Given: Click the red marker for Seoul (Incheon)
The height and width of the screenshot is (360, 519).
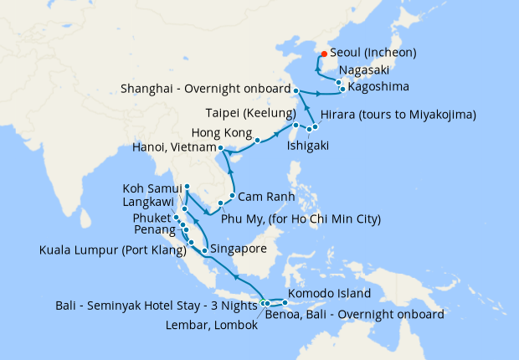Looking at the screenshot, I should (324, 55).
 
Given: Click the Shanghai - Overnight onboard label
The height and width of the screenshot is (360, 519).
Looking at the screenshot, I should (205, 88).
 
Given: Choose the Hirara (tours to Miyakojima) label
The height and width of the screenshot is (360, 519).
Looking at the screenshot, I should (398, 114).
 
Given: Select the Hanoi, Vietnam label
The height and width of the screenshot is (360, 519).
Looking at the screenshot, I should (173, 147).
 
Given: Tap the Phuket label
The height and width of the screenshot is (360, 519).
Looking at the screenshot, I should (151, 219).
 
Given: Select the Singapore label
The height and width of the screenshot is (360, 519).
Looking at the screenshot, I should (239, 249).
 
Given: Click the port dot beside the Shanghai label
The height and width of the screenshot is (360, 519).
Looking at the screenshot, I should (296, 89).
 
